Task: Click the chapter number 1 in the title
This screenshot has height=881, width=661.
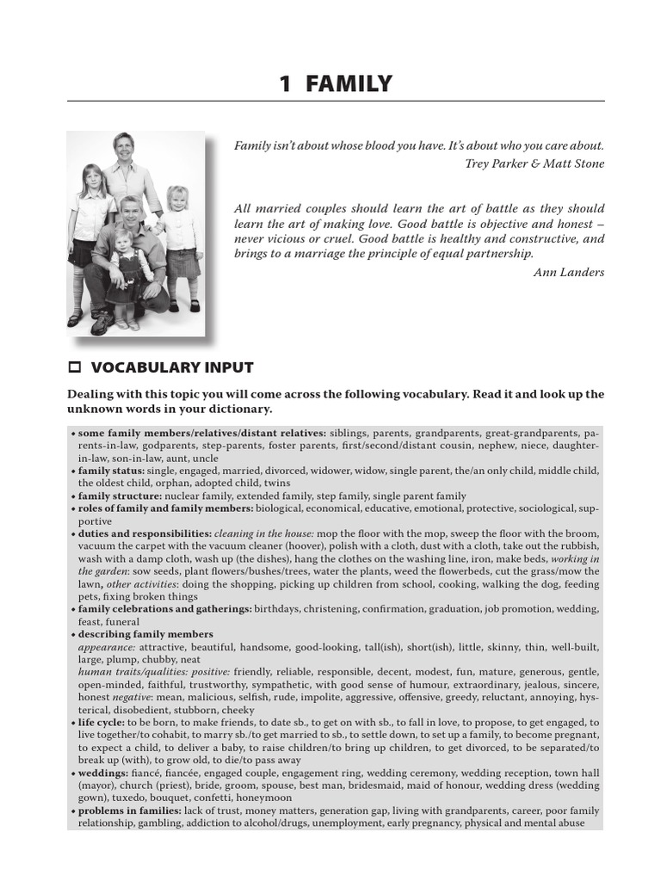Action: coord(285,83)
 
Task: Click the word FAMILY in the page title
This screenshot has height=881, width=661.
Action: coord(349,83)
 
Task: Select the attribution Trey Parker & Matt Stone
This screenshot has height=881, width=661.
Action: coord(534,163)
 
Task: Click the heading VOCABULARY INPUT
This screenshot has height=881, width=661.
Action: coord(172,367)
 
